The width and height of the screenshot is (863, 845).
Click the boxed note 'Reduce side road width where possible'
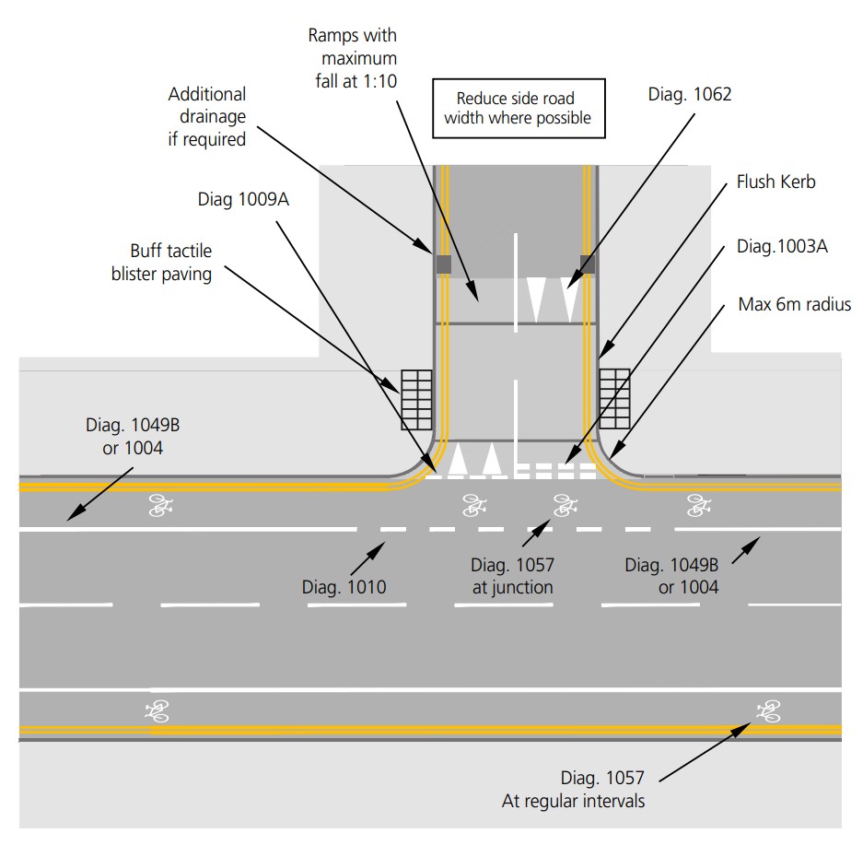coord(518,108)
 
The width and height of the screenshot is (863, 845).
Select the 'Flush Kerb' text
coord(776,182)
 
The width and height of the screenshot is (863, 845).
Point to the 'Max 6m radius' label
coord(794,304)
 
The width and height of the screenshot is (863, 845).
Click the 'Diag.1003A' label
coord(782,247)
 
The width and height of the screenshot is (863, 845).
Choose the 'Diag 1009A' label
coord(243,199)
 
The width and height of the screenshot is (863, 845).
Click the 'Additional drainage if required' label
coord(206,117)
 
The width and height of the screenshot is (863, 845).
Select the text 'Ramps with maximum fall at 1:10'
coord(353,57)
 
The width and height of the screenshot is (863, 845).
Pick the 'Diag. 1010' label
coord(344,587)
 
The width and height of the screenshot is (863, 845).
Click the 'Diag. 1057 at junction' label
coord(512,576)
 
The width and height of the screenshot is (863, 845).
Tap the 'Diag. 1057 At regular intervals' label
coord(573,790)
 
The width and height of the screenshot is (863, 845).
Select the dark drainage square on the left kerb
coord(443,264)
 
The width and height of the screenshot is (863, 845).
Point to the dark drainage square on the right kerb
coord(587,264)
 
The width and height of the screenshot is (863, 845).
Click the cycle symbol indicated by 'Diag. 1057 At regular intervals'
coord(767,710)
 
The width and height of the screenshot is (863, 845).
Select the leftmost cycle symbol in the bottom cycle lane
coord(157,710)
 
